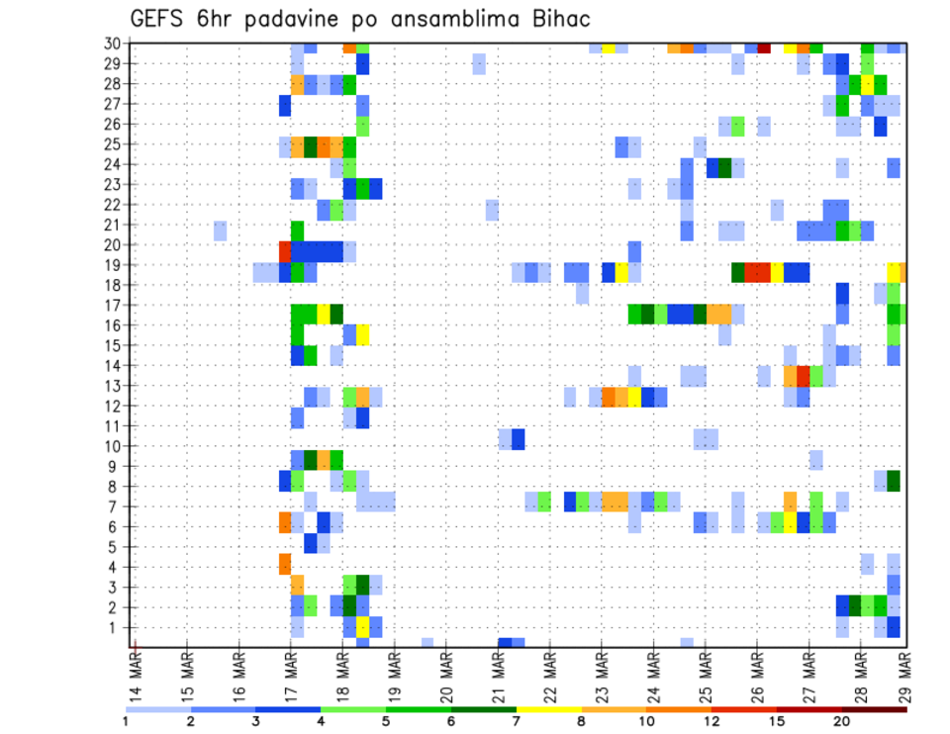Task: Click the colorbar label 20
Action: (x=841, y=721)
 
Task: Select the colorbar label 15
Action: (x=776, y=721)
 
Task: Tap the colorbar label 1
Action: (x=126, y=721)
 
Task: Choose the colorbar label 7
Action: (x=517, y=721)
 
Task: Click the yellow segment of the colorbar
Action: (x=549, y=709)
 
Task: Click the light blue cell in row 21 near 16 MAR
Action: (x=220, y=230)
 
